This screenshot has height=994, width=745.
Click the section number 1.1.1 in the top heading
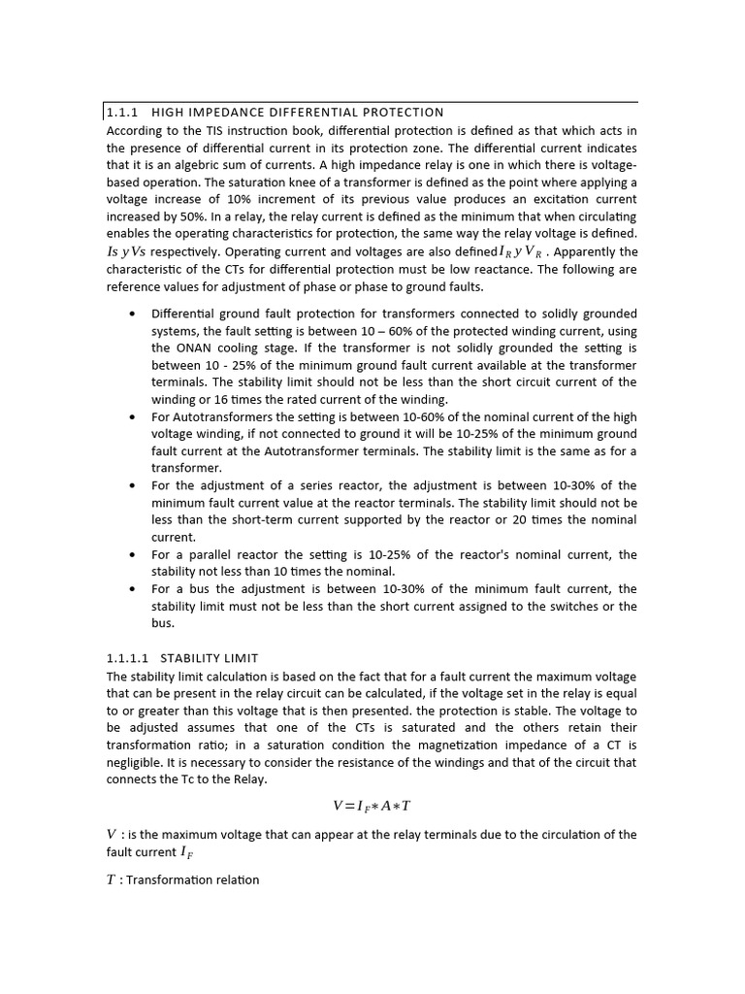pyautogui.click(x=123, y=113)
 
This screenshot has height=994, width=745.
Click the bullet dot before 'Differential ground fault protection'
pyautogui.click(x=132, y=314)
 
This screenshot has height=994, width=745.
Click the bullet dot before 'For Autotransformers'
pyautogui.click(x=132, y=416)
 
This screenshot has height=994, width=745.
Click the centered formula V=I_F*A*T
pyautogui.click(x=372, y=806)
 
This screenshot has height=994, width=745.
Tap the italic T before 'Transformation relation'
pyautogui.click(x=111, y=880)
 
